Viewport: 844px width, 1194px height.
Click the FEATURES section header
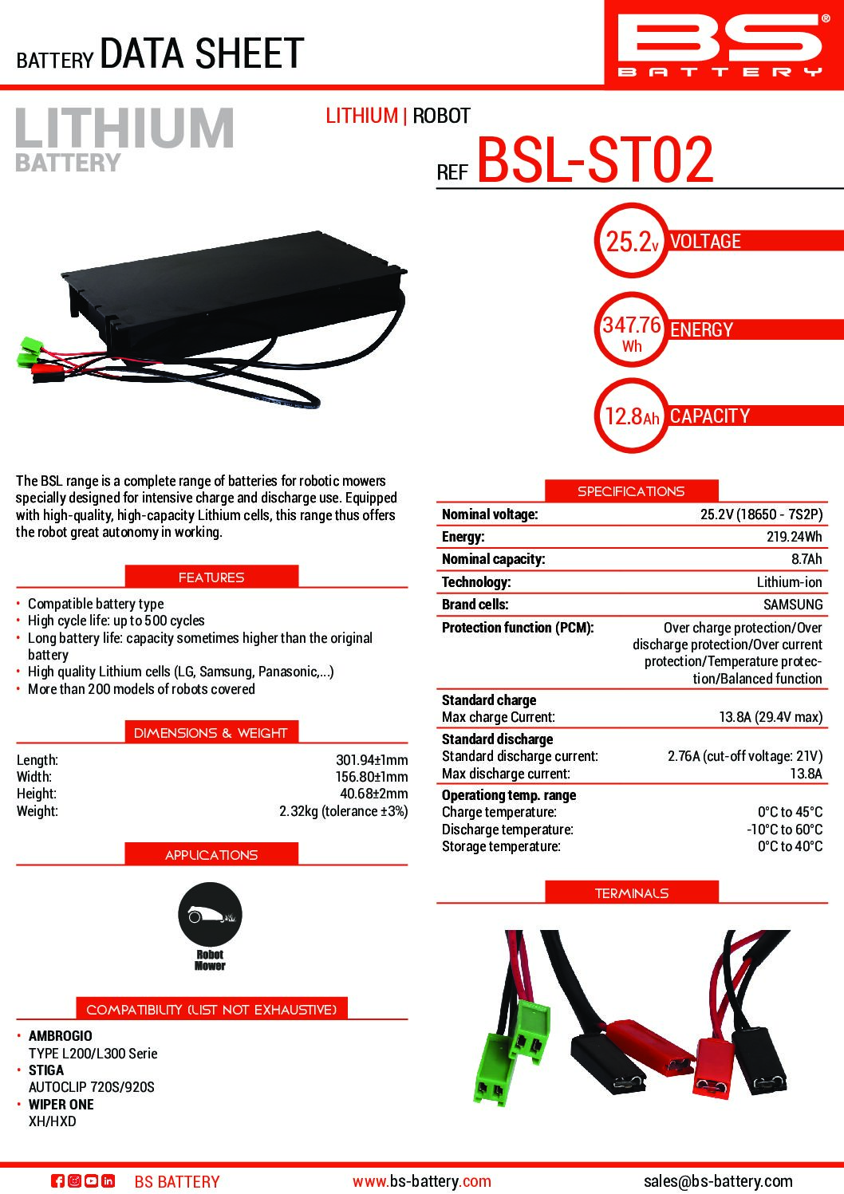click(211, 577)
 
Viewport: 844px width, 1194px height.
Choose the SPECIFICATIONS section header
click(631, 491)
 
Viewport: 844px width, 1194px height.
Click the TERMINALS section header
click(631, 893)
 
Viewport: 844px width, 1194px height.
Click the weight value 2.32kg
click(343, 811)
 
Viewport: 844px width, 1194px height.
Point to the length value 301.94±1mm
click(371, 760)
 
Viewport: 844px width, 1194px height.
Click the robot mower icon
click(210, 916)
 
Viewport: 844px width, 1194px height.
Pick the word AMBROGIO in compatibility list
click(61, 1036)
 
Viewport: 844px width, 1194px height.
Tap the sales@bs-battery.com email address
click(718, 1181)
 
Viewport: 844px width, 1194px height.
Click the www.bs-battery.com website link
click(422, 1181)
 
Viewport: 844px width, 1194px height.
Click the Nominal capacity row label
click(493, 559)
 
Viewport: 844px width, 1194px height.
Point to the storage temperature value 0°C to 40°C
click(790, 846)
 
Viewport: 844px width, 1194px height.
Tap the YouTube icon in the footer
click(91, 1181)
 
